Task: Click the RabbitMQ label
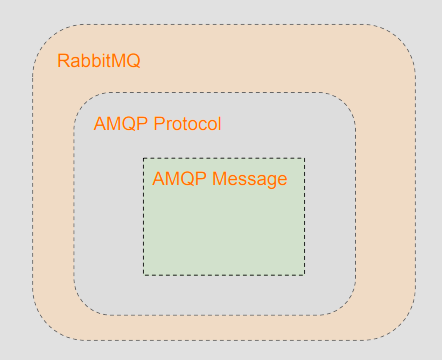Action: [x=98, y=60]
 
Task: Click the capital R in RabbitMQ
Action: [x=63, y=60]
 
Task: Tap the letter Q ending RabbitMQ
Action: [x=133, y=60]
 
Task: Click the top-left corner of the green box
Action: [x=144, y=158]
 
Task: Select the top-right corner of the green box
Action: [x=304, y=158]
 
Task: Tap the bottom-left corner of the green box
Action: [x=144, y=275]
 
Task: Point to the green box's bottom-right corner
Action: [x=304, y=275]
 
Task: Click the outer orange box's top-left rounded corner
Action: [x=46, y=38]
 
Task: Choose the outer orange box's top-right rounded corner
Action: [x=402, y=38]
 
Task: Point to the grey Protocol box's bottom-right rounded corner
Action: [x=345, y=304]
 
